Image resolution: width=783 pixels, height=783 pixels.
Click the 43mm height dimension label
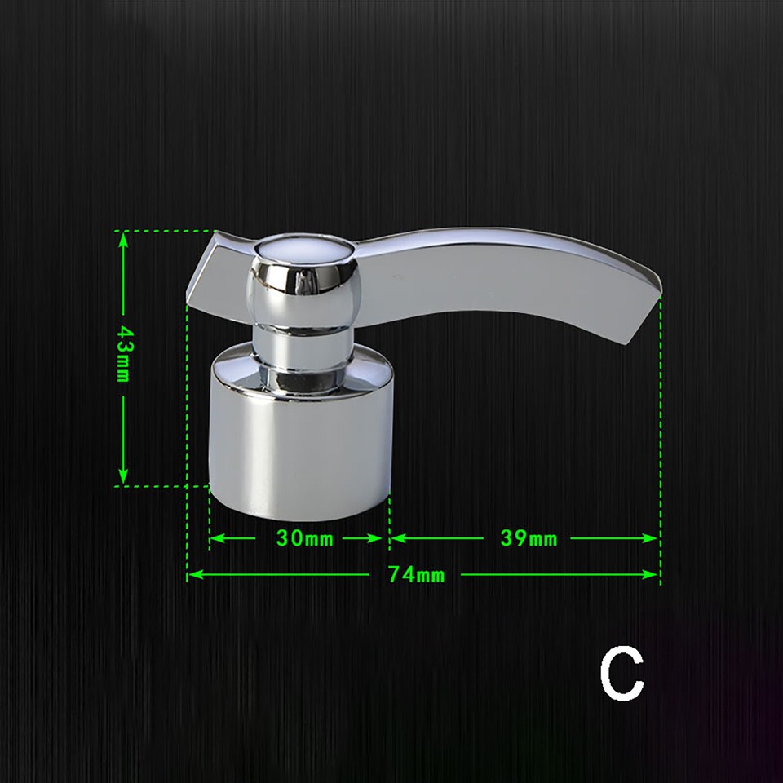point(124,352)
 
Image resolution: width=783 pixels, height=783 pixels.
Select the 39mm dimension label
point(528,538)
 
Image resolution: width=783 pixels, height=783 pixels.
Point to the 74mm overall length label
point(416,575)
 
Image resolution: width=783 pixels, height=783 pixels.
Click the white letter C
point(622,673)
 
